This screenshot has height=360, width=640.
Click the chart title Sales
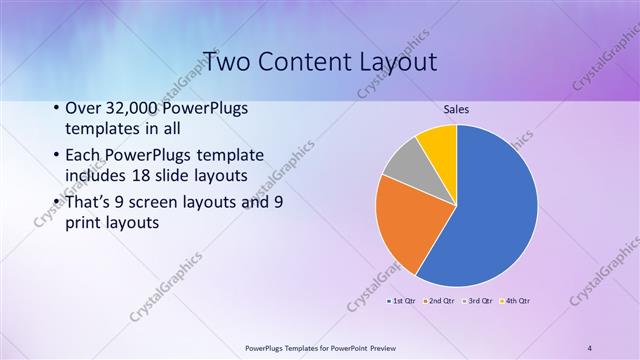pos(457,108)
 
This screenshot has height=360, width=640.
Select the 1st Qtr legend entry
pos(401,300)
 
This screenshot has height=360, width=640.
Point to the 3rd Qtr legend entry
pos(478,300)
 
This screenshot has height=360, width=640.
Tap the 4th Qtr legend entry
pos(516,300)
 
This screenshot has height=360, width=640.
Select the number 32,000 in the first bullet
pos(131,109)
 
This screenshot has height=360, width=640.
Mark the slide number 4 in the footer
pos(590,348)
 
